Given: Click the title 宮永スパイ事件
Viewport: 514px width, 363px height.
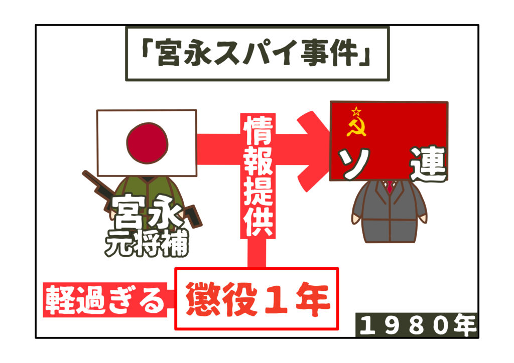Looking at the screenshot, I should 256,54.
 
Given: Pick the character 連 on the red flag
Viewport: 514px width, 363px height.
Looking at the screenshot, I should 428,164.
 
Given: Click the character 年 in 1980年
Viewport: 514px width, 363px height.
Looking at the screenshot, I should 465,326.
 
